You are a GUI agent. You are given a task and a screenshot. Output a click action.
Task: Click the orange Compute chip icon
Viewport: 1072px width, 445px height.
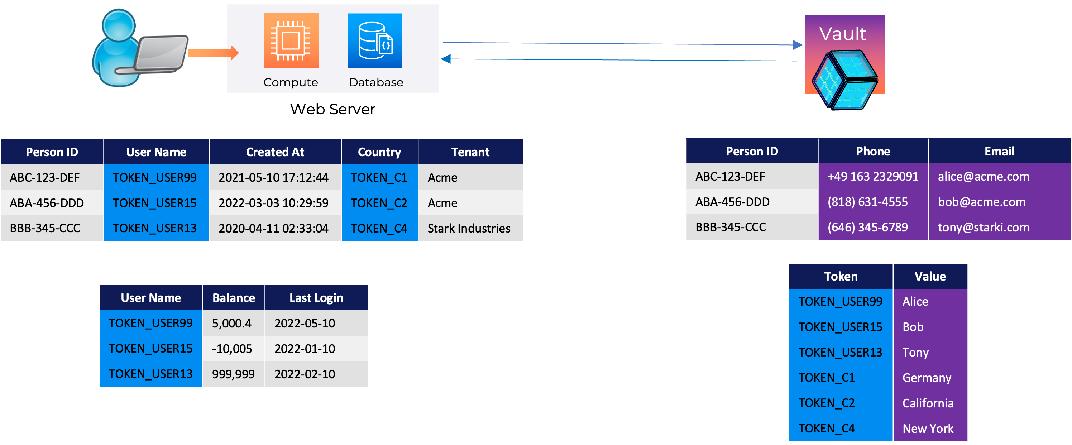click(291, 40)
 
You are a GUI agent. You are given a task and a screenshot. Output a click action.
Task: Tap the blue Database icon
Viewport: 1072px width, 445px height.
click(374, 40)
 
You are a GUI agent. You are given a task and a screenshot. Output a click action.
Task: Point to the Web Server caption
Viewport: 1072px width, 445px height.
click(332, 109)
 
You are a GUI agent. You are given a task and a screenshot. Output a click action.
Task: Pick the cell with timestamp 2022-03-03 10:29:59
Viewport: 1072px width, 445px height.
click(273, 203)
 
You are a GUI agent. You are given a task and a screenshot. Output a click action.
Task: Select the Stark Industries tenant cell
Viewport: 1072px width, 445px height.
click(469, 228)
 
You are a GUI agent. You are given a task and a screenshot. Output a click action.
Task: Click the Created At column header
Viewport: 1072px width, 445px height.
click(275, 152)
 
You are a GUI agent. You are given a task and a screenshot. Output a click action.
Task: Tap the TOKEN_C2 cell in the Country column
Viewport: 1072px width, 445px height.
click(379, 203)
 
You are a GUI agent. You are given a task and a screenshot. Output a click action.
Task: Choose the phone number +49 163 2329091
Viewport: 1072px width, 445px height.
click(873, 177)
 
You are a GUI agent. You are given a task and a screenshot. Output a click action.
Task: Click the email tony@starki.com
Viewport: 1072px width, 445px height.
click(984, 227)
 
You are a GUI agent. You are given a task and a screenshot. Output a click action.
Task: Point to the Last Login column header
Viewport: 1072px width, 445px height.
click(316, 298)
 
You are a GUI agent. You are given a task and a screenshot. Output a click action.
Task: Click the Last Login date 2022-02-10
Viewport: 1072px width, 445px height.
click(305, 374)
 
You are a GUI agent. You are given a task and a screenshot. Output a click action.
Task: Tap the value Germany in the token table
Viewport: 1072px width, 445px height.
click(927, 378)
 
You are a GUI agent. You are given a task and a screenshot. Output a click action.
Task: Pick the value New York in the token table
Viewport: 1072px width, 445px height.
click(928, 429)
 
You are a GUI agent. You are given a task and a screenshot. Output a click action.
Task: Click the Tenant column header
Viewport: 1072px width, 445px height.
click(470, 152)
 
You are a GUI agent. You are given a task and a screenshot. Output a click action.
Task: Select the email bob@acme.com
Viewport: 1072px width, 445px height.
click(982, 202)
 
